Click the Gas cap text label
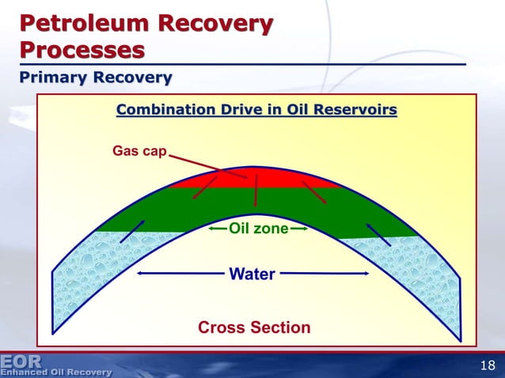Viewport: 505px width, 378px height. [139, 149]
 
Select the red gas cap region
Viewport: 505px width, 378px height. [253, 179]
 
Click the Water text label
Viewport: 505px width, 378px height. [252, 274]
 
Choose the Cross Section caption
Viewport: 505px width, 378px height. [253, 327]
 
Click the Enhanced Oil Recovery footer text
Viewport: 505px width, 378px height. [56, 371]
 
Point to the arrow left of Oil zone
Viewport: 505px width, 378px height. [218, 229]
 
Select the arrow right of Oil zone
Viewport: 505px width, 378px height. [299, 229]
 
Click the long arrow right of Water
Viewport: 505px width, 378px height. [325, 274]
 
